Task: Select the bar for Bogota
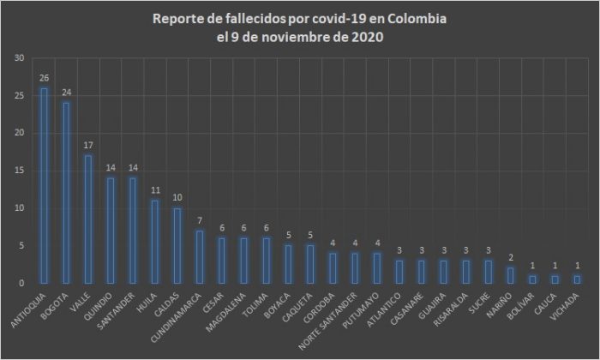point(66,193)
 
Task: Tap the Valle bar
point(87,219)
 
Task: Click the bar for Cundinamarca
point(199,256)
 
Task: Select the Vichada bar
point(576,279)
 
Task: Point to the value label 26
point(44,78)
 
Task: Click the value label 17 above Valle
point(87,146)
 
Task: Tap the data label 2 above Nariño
point(510,258)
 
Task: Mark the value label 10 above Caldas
point(177,198)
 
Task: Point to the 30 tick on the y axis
point(19,58)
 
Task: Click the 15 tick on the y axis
point(19,171)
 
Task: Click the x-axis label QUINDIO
point(99,303)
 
